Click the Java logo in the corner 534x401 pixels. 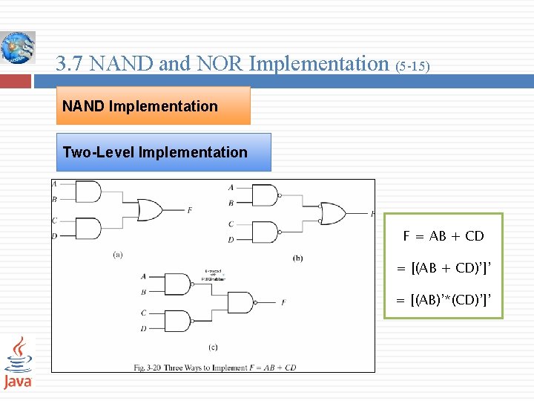(18, 362)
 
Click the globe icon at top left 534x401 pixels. (18, 48)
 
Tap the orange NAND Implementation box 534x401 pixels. (154, 105)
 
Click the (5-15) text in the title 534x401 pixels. (413, 66)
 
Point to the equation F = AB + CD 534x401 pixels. (444, 236)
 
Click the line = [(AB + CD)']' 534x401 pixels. (444, 267)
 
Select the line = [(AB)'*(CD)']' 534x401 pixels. (444, 299)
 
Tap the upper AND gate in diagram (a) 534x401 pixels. (88, 192)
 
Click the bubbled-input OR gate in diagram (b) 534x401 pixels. (332, 214)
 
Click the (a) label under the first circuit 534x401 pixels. (118, 255)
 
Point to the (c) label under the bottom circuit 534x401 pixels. (213, 346)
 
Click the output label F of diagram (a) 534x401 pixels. (190, 210)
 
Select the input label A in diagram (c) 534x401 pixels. (144, 276)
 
